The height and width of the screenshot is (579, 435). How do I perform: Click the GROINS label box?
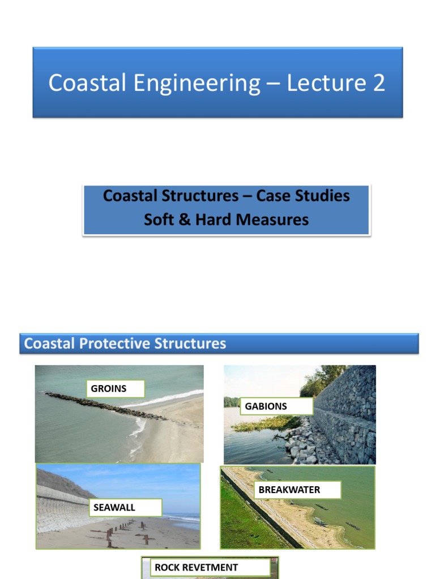click(116, 389)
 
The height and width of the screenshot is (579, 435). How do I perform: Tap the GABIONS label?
click(276, 406)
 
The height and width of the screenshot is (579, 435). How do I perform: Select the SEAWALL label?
click(126, 507)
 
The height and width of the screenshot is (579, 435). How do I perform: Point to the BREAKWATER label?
click(297, 490)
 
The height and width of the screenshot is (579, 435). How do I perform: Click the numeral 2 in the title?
click(378, 83)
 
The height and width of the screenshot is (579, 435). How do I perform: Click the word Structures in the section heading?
click(190, 343)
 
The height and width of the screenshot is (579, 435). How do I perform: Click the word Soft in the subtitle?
click(157, 219)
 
